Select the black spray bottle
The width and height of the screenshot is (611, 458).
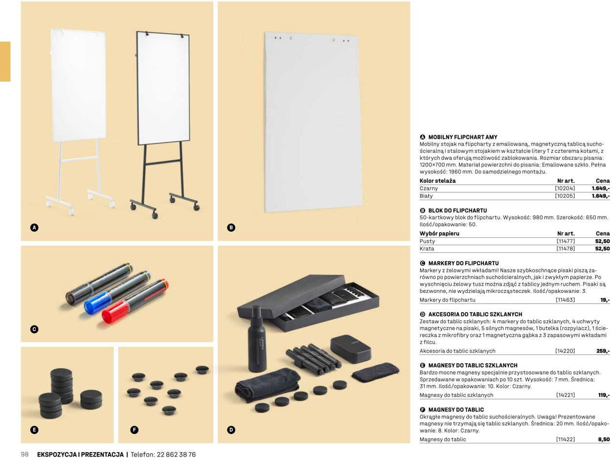(257, 339)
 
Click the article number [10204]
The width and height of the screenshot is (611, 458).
(565, 188)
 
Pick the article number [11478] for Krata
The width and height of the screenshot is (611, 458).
(566, 249)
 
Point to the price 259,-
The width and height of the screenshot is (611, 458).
(603, 351)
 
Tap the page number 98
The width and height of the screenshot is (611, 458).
(24, 454)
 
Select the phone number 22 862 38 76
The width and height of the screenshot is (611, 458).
(176, 455)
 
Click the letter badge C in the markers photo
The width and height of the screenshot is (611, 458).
(34, 329)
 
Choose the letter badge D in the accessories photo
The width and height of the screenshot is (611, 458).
(231, 430)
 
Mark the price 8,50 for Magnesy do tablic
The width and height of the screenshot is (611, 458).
(604, 439)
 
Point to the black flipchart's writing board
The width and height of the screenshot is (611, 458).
(163, 88)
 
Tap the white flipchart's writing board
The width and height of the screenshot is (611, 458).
(79, 85)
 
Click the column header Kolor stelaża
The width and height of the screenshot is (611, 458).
(437, 181)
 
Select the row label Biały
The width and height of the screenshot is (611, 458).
(426, 196)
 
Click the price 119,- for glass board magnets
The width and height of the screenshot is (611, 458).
(604, 395)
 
